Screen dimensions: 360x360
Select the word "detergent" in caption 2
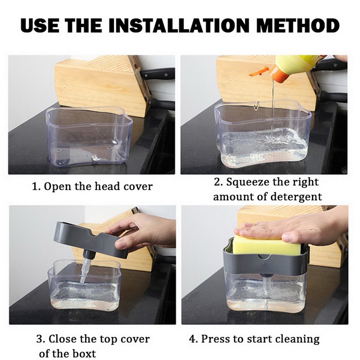[300, 197]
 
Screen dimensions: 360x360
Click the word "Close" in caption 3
[63, 338]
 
